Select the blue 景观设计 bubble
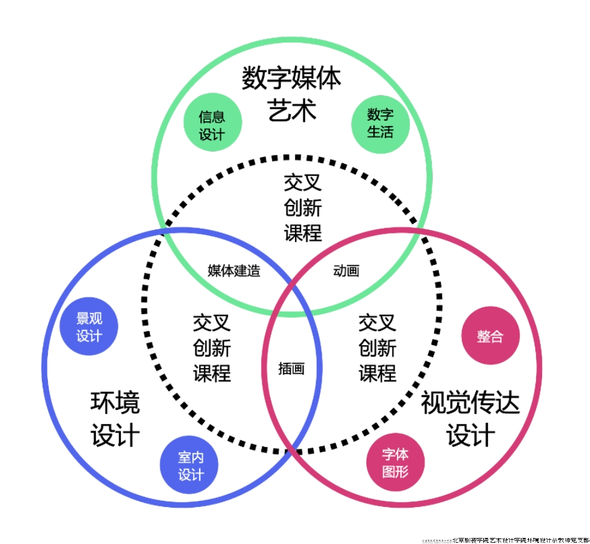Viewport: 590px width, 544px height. [89, 327]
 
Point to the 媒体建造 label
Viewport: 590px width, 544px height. [234, 270]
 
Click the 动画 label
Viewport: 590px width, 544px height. [346, 270]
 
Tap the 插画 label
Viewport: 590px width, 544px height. [291, 368]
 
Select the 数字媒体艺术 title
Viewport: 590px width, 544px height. [291, 95]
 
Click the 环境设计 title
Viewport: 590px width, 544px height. [115, 419]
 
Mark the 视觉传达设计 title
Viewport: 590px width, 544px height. [470, 419]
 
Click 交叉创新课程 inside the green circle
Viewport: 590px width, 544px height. [302, 207]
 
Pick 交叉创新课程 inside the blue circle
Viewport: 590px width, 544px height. [212, 348]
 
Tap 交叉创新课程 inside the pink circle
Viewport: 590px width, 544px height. [377, 348]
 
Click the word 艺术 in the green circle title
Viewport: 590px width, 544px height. [291, 111]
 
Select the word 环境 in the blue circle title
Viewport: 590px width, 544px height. [115, 403]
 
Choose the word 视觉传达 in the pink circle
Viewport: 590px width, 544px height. [470, 403]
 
